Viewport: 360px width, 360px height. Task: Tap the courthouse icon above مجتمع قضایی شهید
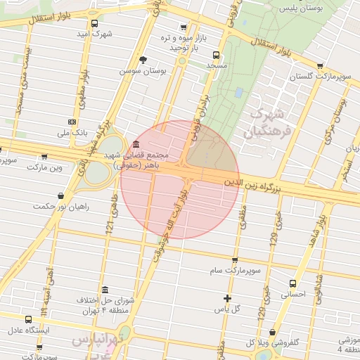(x=135, y=143)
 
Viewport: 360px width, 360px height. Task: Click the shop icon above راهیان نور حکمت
(x=61, y=195)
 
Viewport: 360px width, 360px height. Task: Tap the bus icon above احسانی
(x=293, y=283)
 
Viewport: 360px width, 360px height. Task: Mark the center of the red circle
(x=180, y=179)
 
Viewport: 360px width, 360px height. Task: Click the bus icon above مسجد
(x=214, y=54)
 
